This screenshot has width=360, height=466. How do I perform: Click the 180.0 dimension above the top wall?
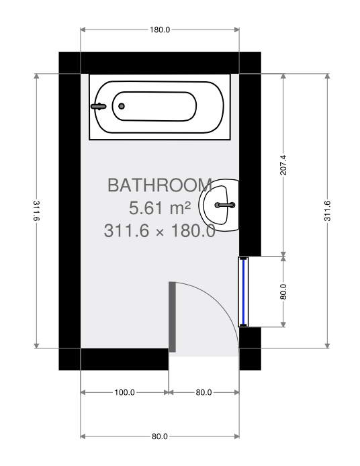coord(160,30)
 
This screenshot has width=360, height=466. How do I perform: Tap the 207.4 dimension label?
coord(283,165)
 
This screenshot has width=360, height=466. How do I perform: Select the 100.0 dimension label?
coord(124,392)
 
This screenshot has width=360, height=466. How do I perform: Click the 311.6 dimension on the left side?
coord(36,211)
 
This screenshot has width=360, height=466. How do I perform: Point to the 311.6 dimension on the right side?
coord(327,211)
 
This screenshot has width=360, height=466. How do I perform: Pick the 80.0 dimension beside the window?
coord(283,291)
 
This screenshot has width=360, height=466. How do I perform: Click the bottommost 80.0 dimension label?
coord(160,436)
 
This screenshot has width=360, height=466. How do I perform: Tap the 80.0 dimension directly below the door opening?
coord(204,392)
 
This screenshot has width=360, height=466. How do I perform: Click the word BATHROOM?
coord(160,185)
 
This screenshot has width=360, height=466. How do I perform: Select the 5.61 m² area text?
coord(160,207)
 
